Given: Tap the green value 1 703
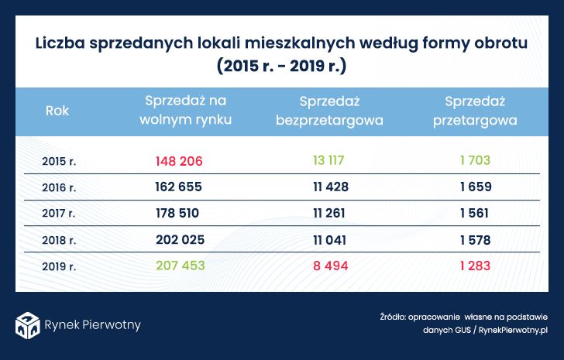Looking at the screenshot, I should tap(474, 161).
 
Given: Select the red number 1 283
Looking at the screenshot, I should tap(474, 266).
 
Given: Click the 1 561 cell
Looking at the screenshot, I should tap(474, 213).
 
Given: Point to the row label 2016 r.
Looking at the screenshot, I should tap(59, 187).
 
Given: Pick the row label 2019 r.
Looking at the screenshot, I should tap(59, 266).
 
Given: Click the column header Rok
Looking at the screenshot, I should tap(57, 111).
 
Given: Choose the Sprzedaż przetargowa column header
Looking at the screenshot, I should tap(475, 111).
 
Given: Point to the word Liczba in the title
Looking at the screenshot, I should tap(61, 43).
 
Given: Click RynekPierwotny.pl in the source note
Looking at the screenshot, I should tap(513, 331).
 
